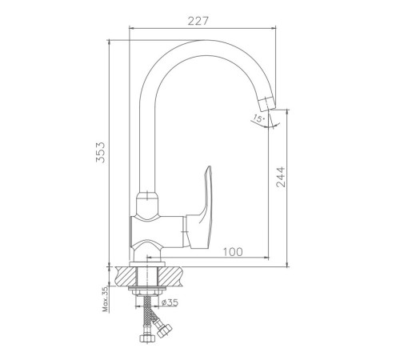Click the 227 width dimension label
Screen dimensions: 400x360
pyautogui.click(x=198, y=21)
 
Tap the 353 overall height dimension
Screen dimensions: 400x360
pyautogui.click(x=101, y=153)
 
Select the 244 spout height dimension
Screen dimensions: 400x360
pyautogui.click(x=281, y=177)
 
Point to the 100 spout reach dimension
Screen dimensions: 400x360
pyautogui.click(x=233, y=252)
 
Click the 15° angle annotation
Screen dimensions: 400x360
pyautogui.click(x=258, y=118)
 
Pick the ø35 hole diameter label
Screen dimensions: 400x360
pyautogui.click(x=170, y=302)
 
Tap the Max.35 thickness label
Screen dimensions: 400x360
pyautogui.click(x=106, y=299)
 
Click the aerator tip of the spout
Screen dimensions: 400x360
pyautogui.click(x=267, y=104)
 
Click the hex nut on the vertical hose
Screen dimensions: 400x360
pyautogui.click(x=147, y=338)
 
